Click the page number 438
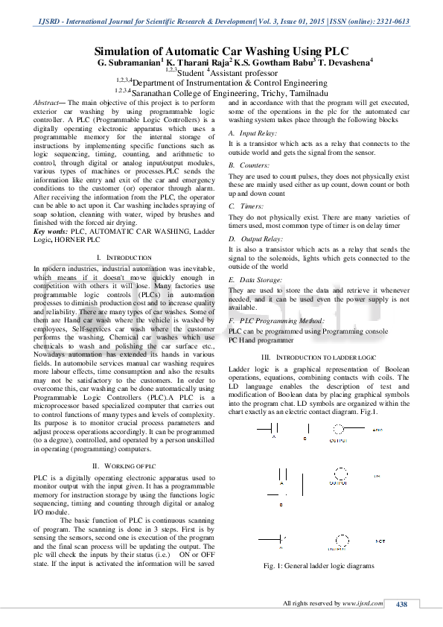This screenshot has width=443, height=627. pos(401,603)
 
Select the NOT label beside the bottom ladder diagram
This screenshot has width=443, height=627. pos(380,539)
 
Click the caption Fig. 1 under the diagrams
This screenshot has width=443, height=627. pos(319,567)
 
